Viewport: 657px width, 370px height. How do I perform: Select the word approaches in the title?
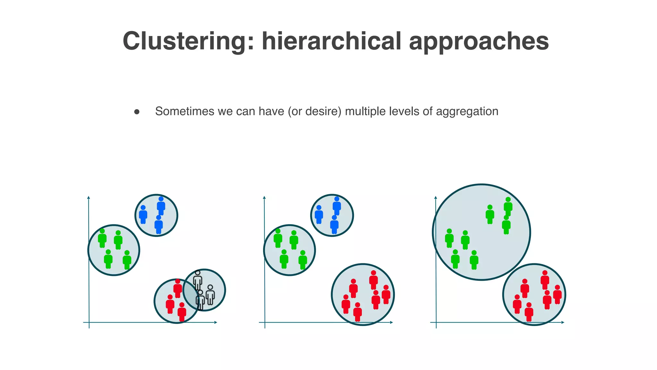point(479,42)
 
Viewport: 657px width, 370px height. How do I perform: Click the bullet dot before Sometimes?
point(137,112)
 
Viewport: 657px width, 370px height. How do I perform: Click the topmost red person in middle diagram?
point(373,280)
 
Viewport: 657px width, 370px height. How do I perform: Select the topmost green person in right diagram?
point(508,207)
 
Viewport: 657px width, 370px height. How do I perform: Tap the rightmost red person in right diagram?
point(557,294)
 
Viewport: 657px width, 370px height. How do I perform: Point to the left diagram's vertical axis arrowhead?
point(89,198)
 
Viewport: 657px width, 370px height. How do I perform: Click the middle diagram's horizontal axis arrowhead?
point(391,322)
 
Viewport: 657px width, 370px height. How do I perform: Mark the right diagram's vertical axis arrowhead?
point(436,198)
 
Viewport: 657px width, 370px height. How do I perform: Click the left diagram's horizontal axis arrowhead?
point(216,322)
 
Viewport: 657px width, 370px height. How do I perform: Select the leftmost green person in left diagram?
point(102,238)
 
